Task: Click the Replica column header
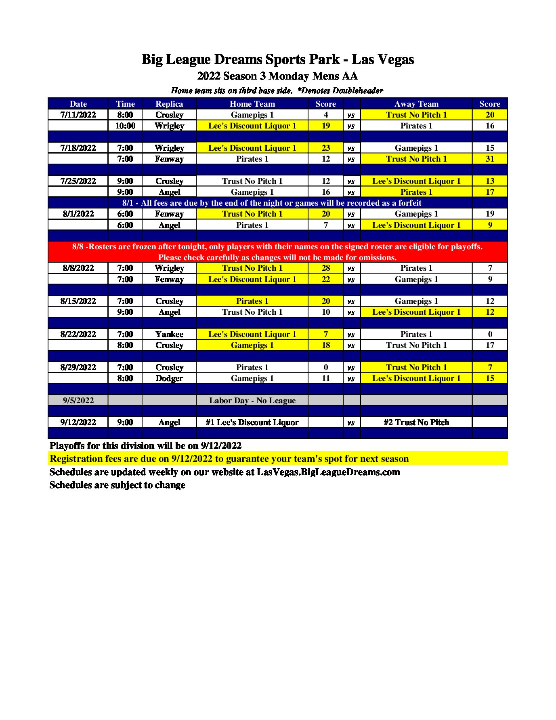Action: point(169,104)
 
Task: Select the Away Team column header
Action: point(416,104)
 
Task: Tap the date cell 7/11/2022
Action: point(78,115)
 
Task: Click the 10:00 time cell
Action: point(125,126)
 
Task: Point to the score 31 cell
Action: point(489,159)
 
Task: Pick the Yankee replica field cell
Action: point(169,334)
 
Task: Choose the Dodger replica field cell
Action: point(169,378)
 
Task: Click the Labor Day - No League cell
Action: point(252,400)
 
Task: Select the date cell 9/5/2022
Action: point(78,400)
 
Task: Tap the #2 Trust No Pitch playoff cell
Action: point(416,422)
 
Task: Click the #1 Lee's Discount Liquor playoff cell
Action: point(252,422)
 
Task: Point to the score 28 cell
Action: point(325,268)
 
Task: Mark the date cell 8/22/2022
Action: point(78,334)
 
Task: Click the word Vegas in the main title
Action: point(394,59)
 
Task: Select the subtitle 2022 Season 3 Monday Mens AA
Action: point(277,76)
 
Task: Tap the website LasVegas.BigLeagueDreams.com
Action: point(328,472)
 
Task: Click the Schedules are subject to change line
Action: point(117,485)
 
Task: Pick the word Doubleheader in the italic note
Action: point(357,91)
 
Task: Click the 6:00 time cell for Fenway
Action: point(125,214)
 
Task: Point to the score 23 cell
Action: point(325,148)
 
